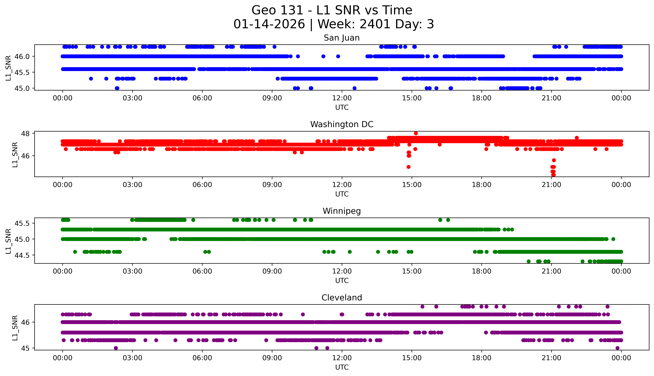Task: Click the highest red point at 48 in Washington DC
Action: (416, 133)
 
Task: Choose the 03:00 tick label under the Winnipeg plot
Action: (132, 271)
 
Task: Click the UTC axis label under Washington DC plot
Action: (342, 194)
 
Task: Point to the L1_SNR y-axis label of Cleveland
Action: (15, 327)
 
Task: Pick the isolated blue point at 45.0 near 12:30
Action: (355, 88)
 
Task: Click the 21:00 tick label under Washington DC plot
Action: (551, 185)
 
